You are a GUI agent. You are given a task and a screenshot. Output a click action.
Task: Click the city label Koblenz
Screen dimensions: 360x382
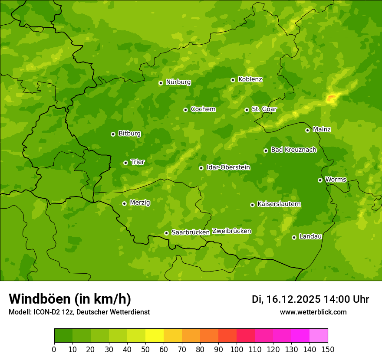coord(250,79)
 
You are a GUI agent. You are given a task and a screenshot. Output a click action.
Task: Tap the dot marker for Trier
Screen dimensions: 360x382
coord(126,163)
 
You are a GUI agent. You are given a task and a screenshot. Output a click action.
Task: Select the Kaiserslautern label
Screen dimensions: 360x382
coord(279,204)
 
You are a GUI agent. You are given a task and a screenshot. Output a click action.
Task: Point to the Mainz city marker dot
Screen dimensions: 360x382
coord(308,130)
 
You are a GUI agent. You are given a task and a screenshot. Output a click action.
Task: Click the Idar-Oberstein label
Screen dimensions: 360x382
coord(228,167)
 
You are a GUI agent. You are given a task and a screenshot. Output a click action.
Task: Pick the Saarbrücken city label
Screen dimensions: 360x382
coord(191,232)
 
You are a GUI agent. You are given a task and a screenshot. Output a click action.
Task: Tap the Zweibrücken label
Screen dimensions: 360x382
coord(232,231)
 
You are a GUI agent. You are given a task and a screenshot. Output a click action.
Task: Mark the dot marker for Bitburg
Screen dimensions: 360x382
coord(113,134)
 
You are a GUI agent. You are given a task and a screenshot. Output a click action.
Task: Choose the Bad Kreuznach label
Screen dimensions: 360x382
coord(293,150)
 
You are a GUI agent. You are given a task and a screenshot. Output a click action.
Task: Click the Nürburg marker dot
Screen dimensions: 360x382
coord(161,83)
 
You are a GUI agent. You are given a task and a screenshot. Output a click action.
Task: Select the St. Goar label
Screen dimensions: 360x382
coord(264,109)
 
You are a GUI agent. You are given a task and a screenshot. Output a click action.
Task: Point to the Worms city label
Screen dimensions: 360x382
coord(336,180)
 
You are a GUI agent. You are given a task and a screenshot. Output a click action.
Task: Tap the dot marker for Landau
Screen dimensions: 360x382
coord(294,237)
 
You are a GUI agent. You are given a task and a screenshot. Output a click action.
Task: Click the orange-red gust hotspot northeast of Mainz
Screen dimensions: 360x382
coord(332,98)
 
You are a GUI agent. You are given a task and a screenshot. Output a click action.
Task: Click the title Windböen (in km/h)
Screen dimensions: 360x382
coord(69,299)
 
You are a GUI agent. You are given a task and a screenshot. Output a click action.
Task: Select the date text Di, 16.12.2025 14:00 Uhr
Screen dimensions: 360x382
coord(310,299)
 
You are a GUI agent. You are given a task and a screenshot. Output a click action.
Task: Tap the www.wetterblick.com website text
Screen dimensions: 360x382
coord(313,312)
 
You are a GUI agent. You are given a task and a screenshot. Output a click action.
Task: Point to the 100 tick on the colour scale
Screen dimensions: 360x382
coord(237,349)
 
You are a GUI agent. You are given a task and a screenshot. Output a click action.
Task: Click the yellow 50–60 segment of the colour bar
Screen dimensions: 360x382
coord(155,336)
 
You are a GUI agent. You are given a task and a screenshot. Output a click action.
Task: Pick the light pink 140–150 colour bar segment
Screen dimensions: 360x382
coord(319,336)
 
